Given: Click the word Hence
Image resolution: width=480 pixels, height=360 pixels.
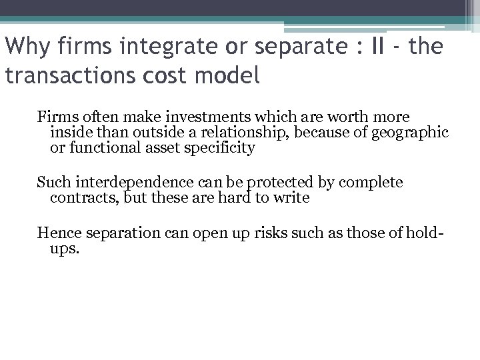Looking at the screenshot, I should tap(57, 233).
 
